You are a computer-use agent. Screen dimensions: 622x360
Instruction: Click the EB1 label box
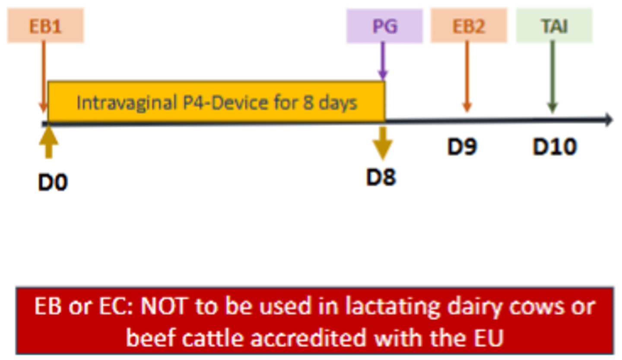[45, 25]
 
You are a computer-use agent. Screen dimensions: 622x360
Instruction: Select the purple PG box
[384, 26]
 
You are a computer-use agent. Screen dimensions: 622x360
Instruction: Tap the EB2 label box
[469, 25]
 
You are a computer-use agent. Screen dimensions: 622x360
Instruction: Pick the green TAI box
[554, 25]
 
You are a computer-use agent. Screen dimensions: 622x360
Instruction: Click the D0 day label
[53, 182]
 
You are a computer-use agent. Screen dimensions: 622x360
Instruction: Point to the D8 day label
[381, 177]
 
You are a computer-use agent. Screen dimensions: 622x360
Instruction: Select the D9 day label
[462, 147]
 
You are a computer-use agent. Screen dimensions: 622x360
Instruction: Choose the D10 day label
[555, 147]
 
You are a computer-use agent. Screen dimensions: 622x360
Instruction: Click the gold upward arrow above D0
[49, 142]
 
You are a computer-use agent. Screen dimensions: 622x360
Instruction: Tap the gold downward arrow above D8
[383, 143]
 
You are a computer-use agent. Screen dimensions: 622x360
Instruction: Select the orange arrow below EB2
[467, 76]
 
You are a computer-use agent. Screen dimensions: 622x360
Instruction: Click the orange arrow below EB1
[43, 76]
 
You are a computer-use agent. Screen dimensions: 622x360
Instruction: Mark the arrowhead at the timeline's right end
[609, 120]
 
